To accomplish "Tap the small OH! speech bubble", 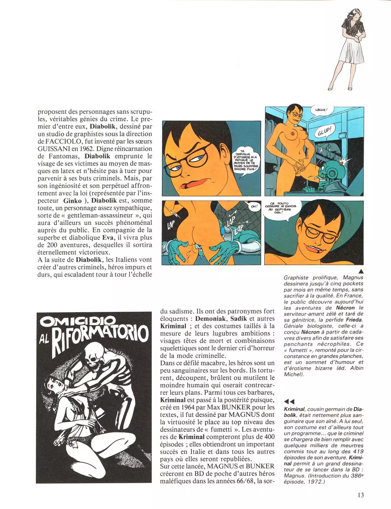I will tap(254, 206).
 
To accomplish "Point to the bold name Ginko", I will tap(72, 201).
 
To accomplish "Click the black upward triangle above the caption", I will tap(361, 271).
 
